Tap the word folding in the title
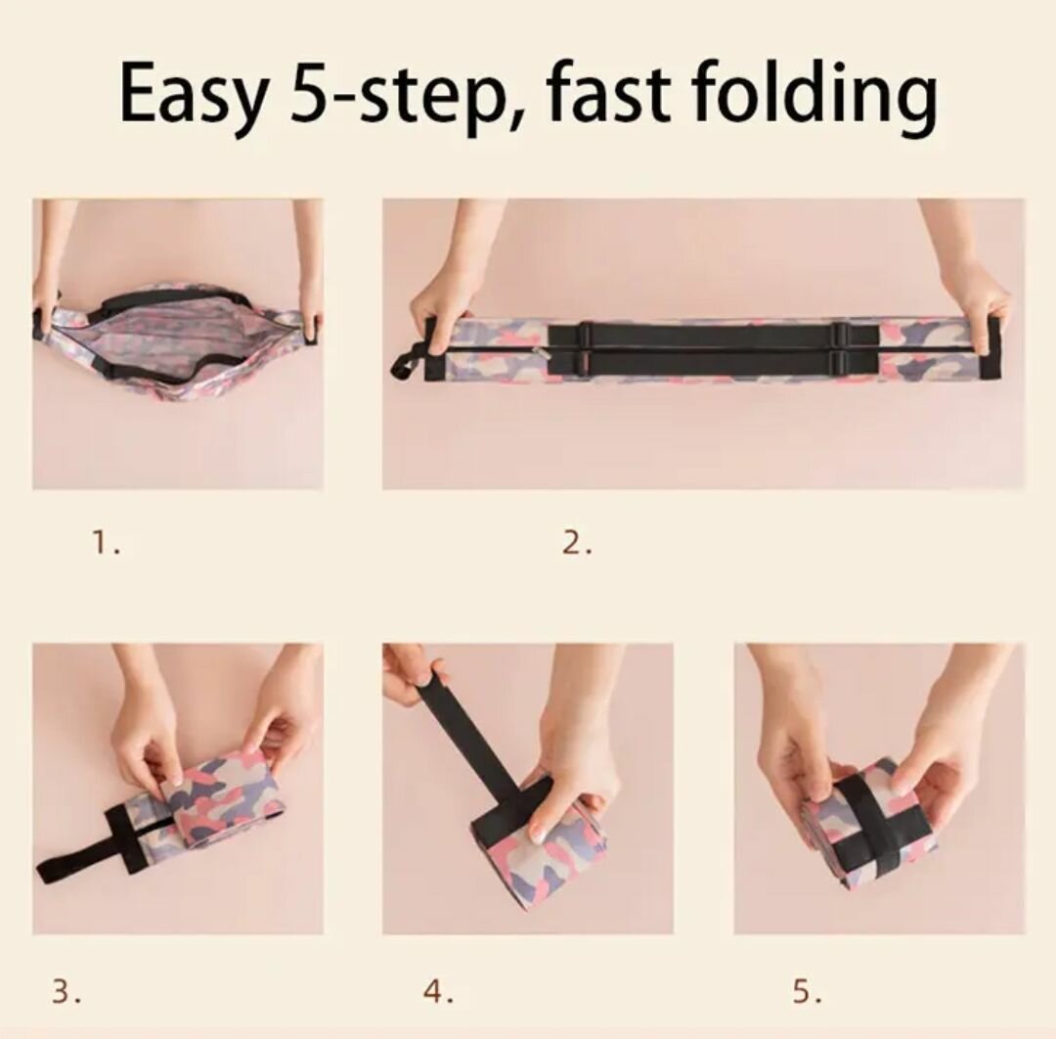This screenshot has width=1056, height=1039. pos(814,94)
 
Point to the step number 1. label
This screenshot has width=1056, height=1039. pos(107,542)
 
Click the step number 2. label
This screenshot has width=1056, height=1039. pos(577,542)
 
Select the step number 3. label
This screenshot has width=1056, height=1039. pos(66,991)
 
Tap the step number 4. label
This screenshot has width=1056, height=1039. pos(438,991)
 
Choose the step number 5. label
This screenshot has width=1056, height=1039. pos(807,991)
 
